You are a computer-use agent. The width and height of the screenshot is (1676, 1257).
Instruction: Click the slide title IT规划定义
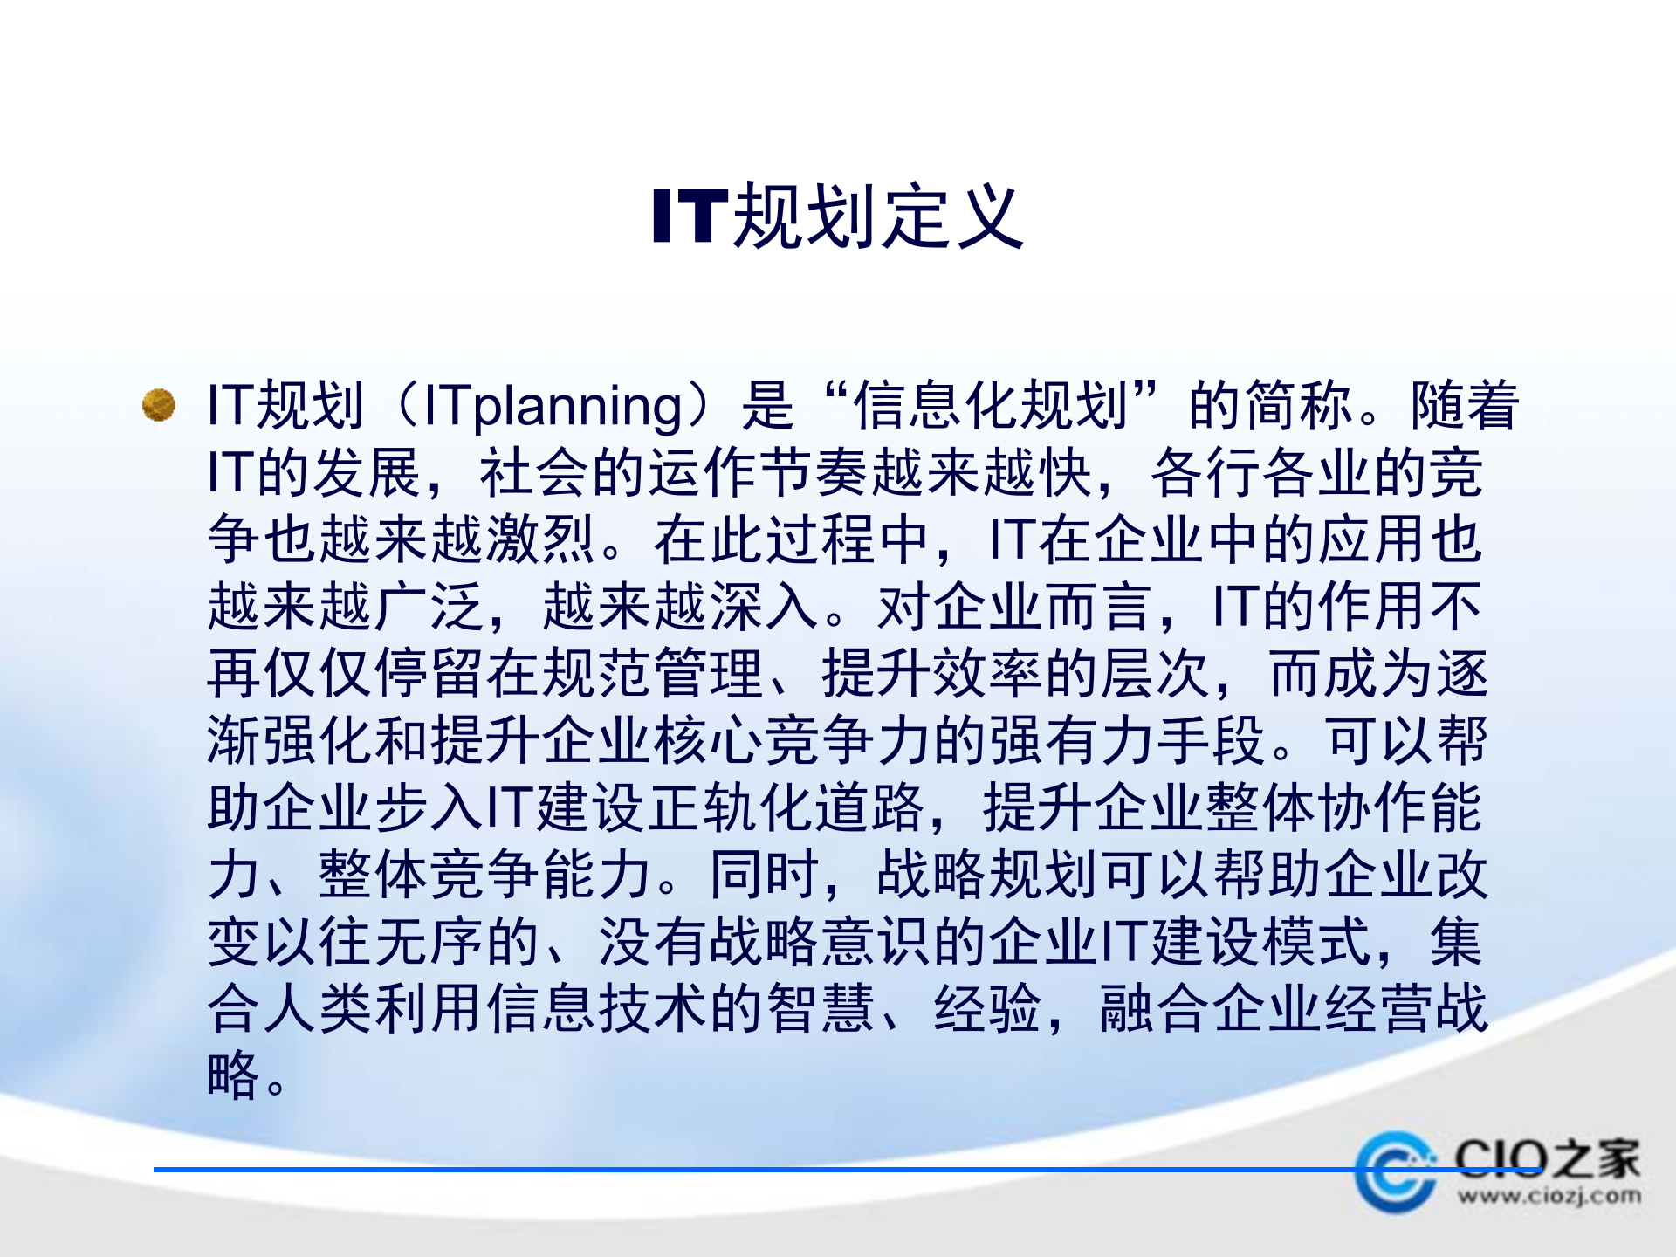click(x=838, y=216)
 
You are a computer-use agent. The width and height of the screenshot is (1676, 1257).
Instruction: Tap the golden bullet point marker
click(x=159, y=405)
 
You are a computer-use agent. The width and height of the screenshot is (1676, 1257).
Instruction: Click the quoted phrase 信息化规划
click(x=990, y=406)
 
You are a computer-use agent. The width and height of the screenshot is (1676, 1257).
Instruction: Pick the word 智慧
click(x=821, y=1009)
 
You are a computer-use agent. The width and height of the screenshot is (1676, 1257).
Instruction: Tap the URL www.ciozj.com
click(x=1549, y=1196)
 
